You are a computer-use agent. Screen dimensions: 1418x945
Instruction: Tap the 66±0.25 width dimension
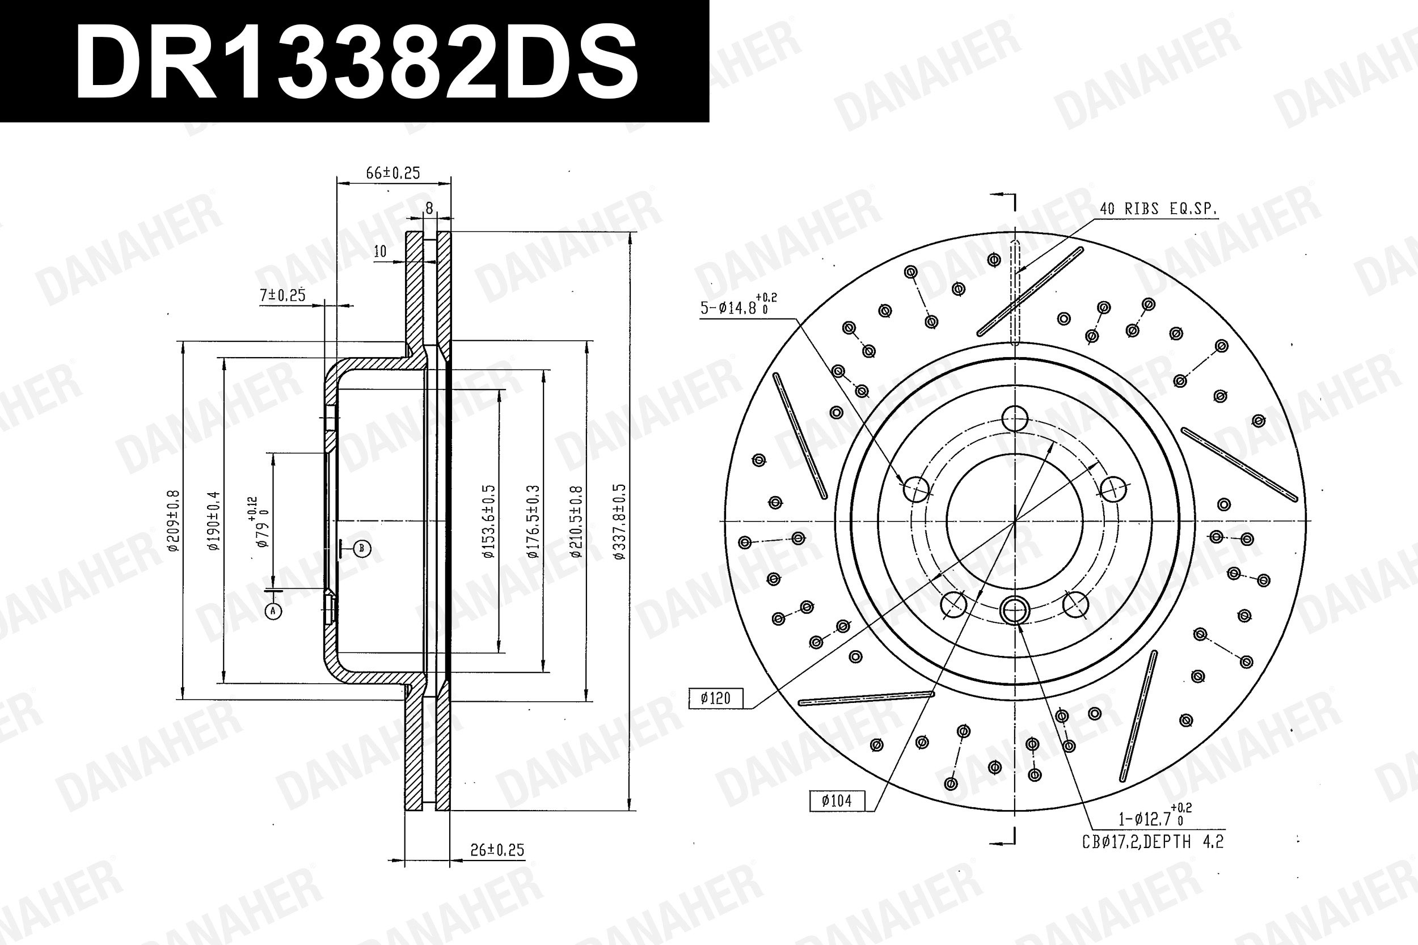(393, 173)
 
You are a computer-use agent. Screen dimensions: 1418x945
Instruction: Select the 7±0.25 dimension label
(282, 295)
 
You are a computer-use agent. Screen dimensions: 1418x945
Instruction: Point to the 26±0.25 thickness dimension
(497, 850)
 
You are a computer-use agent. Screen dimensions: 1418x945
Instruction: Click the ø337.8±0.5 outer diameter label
(619, 522)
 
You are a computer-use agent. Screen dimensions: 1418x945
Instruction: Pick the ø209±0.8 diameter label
(172, 521)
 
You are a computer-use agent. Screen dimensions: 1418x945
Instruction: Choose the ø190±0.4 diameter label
(214, 521)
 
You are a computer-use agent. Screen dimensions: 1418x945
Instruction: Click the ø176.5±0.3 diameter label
(533, 522)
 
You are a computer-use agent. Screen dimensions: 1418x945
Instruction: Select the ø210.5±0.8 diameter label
(576, 522)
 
